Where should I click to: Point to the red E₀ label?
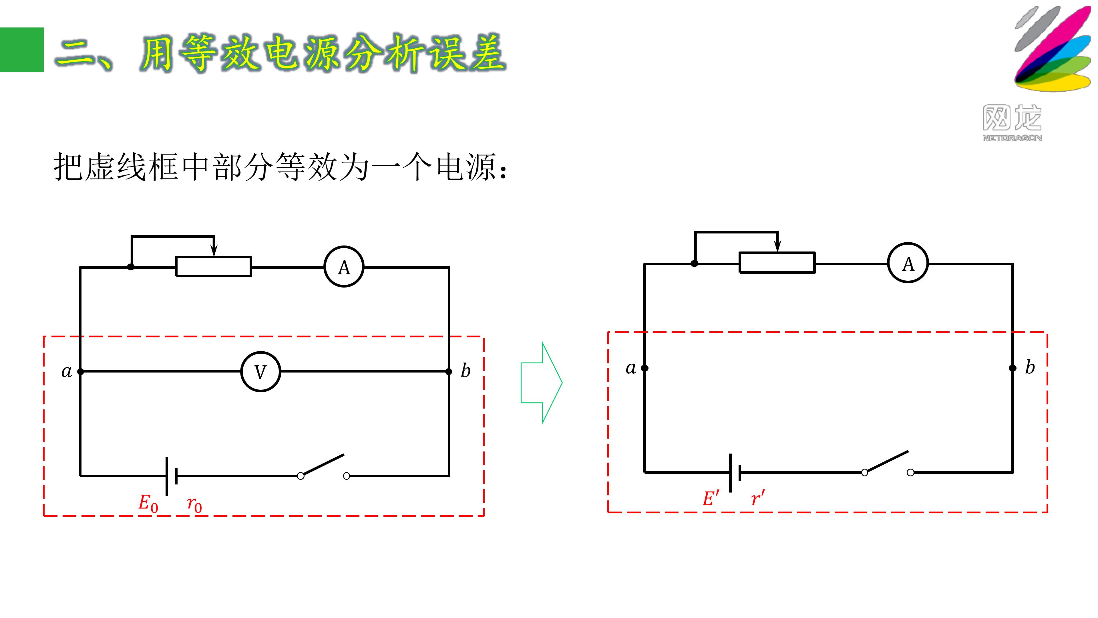(x=148, y=503)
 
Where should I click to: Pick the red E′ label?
(x=711, y=498)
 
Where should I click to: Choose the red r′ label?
(x=758, y=498)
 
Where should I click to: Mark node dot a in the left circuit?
(x=81, y=371)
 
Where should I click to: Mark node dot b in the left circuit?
(x=449, y=371)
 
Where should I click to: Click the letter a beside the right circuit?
(x=631, y=368)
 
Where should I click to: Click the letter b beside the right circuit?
(x=1030, y=367)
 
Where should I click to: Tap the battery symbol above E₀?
(x=171, y=476)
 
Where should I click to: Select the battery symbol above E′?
(x=735, y=473)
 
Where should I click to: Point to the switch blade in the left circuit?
(x=323, y=465)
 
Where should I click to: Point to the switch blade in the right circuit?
(x=887, y=461)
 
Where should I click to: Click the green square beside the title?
(x=22, y=50)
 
